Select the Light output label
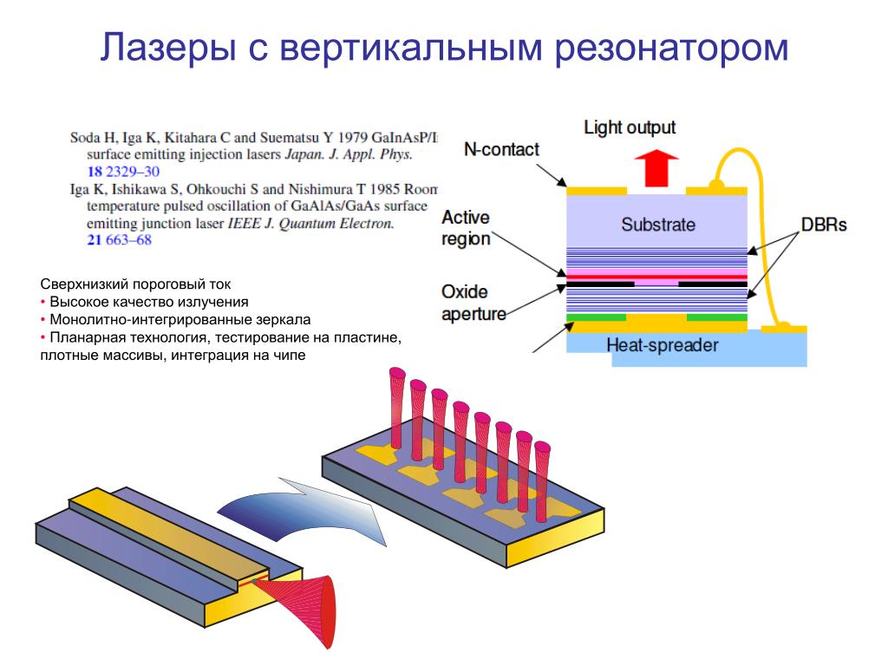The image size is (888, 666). coord(629,128)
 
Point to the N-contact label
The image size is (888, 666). coord(501,149)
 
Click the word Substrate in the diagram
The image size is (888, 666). coord(657,225)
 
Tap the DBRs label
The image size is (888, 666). coord(823,225)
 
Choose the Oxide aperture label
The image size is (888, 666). coord(473,303)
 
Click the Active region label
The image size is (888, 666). coord(466,227)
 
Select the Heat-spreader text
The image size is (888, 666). coord(662,344)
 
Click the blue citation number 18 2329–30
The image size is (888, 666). coord(123,172)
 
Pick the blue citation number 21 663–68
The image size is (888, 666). coord(119,239)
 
